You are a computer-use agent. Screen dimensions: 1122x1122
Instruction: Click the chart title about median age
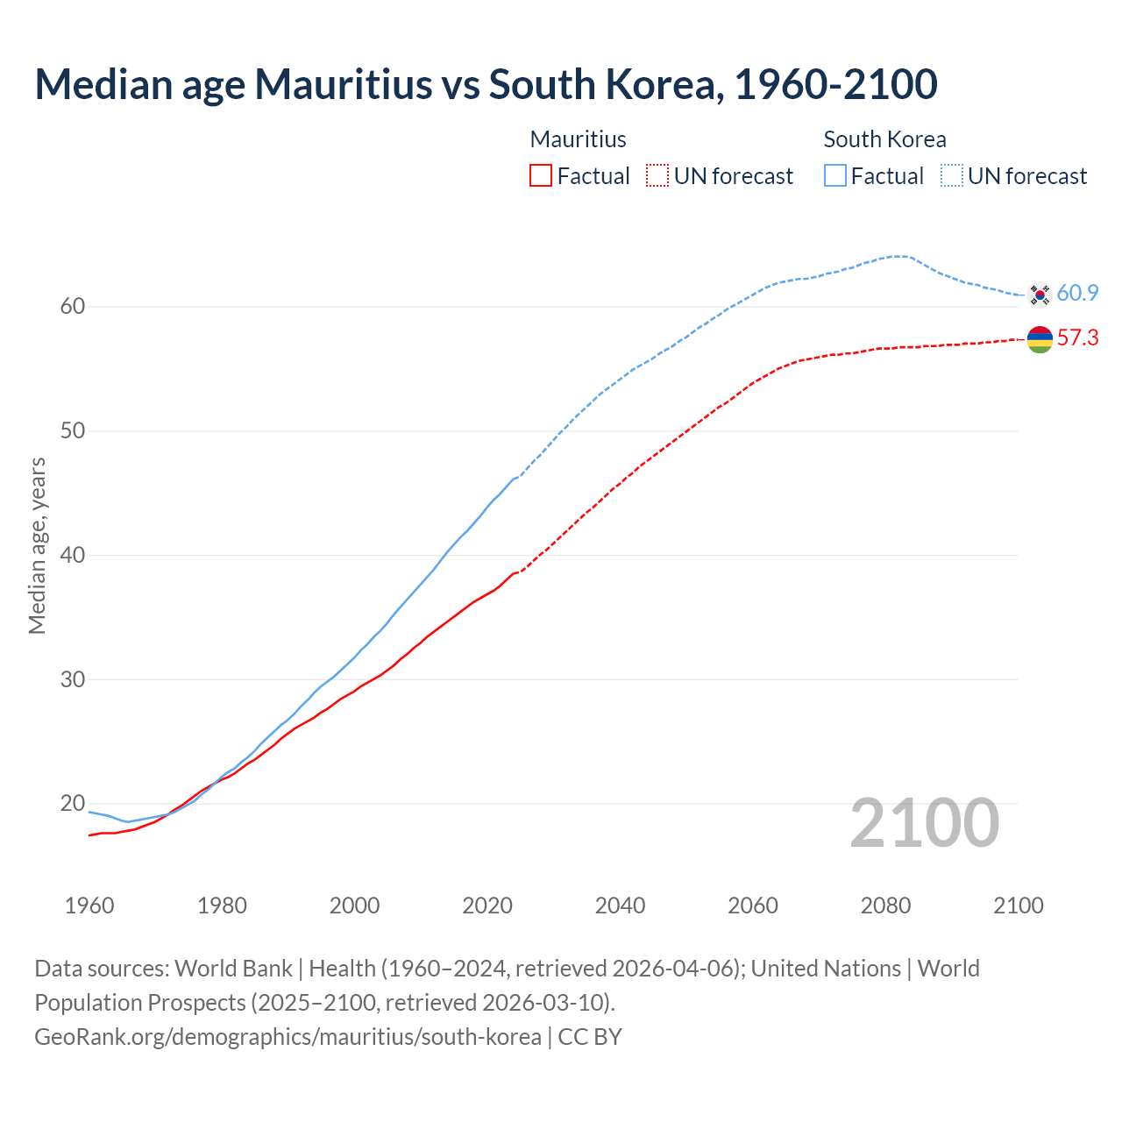(486, 84)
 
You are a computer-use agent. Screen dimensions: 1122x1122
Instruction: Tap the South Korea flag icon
(1040, 295)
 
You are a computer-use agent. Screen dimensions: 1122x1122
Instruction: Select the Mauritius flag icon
(1040, 339)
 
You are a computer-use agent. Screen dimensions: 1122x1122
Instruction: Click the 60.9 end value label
(1077, 293)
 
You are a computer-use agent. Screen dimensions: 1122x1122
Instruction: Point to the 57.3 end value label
(1077, 337)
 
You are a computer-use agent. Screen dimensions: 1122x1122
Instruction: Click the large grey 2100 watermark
(924, 822)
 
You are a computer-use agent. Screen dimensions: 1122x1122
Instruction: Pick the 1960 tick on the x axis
(89, 905)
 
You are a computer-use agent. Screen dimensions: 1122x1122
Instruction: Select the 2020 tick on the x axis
(487, 905)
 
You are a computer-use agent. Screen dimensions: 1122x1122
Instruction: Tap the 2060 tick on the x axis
(753, 905)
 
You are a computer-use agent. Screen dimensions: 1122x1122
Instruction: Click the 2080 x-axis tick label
(885, 905)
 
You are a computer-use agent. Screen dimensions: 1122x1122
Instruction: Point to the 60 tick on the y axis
(72, 307)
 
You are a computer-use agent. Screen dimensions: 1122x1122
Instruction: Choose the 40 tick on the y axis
(72, 555)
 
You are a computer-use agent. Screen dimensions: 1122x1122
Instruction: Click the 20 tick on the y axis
(72, 804)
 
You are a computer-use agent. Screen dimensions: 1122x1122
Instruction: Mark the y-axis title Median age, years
(37, 545)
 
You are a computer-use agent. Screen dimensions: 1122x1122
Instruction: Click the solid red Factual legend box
(541, 176)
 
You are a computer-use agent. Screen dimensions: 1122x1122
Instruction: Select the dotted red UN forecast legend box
(657, 176)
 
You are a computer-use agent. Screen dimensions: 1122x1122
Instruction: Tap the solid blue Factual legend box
(835, 176)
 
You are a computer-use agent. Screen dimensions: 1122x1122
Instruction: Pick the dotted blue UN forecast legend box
(952, 176)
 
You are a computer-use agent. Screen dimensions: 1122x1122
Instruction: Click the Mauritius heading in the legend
(579, 139)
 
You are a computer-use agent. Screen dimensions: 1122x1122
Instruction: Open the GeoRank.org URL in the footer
(288, 1037)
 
